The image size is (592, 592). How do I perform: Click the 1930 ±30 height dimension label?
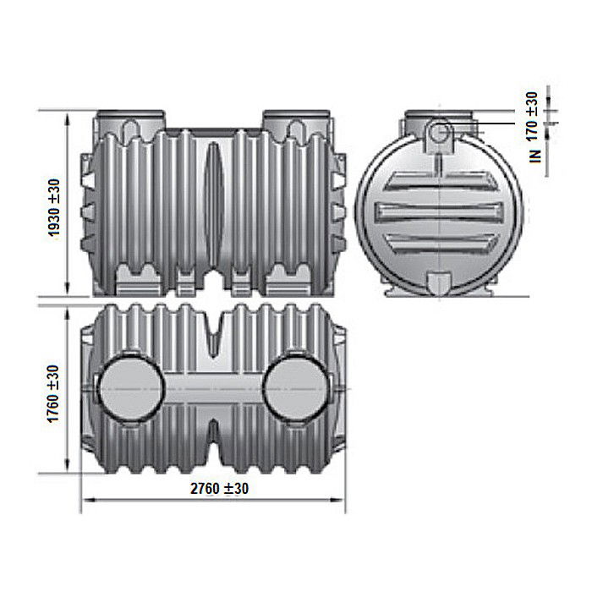tap(54, 208)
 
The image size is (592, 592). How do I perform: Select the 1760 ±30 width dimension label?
tap(52, 394)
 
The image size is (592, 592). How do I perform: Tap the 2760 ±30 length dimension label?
tap(219, 489)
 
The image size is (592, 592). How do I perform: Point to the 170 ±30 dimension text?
tap(531, 117)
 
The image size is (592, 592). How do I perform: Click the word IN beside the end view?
tap(535, 156)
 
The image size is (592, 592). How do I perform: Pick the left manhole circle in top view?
tap(131, 388)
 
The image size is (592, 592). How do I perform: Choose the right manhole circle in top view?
tap(296, 388)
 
